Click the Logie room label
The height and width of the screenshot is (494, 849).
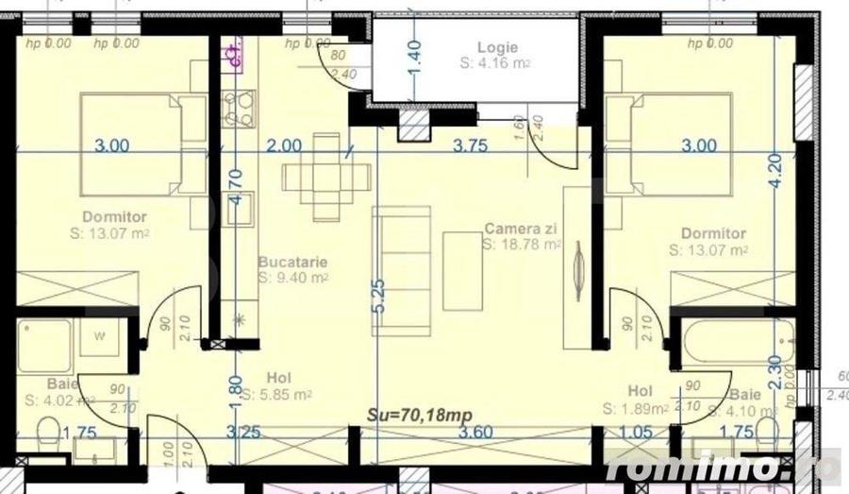click(x=491, y=47)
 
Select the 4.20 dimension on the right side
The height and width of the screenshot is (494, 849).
click(x=774, y=170)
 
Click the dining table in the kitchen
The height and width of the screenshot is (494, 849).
click(x=326, y=177)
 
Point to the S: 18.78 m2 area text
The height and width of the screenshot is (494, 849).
click(x=522, y=244)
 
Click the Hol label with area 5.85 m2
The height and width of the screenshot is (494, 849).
click(x=279, y=375)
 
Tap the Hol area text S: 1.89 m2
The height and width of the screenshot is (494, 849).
click(x=635, y=409)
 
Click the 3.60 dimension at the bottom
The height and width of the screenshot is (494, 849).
click(x=476, y=434)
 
